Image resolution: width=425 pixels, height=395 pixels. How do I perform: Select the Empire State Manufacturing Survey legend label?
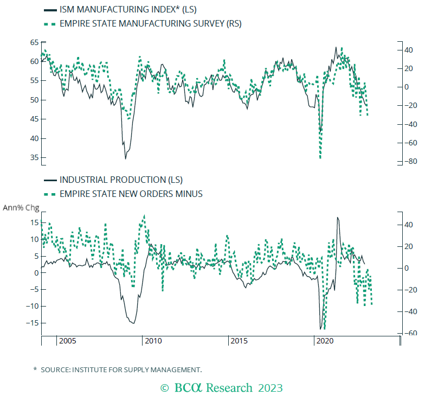(x=150, y=23)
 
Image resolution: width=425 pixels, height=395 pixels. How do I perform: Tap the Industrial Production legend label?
(x=121, y=180)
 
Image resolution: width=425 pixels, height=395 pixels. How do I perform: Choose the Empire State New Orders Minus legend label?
(x=131, y=194)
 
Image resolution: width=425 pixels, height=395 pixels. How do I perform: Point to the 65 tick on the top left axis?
(x=34, y=42)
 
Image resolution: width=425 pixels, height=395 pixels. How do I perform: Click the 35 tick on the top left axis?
(x=34, y=158)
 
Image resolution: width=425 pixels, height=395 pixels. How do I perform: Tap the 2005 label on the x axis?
(x=67, y=341)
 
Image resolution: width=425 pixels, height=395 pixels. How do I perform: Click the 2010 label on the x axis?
(x=153, y=341)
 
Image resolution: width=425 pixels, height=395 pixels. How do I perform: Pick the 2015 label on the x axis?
(x=239, y=341)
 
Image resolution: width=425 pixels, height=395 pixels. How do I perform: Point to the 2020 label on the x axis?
(x=325, y=341)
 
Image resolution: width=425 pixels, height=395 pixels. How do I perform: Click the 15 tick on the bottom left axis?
(x=34, y=222)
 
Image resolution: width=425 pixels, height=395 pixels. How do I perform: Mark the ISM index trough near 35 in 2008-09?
(x=126, y=158)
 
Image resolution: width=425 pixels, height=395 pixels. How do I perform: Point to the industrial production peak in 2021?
(x=338, y=218)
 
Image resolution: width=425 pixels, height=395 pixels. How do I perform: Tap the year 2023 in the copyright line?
(x=270, y=387)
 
